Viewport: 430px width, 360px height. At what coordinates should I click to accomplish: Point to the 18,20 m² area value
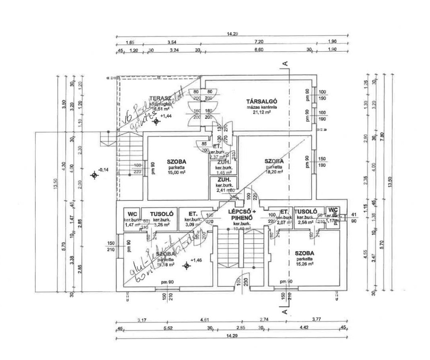tap(274, 172)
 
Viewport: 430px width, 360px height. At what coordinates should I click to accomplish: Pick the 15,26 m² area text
tap(304, 264)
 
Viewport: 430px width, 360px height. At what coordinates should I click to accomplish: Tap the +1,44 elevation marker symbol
tap(157, 122)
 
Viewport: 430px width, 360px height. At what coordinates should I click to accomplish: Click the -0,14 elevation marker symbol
tap(94, 175)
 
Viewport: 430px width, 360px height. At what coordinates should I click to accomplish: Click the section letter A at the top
tap(285, 63)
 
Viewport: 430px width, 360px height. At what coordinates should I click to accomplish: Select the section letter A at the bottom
tap(285, 311)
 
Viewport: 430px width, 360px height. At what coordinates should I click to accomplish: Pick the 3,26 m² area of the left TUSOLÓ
tap(161, 225)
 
